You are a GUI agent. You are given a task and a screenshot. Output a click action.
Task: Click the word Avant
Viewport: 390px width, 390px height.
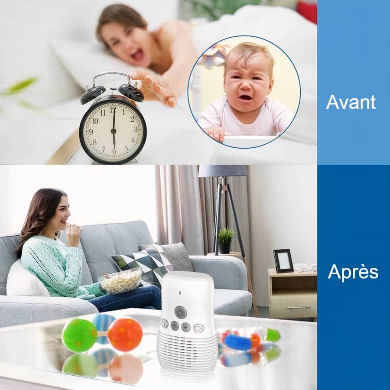pyautogui.click(x=351, y=102)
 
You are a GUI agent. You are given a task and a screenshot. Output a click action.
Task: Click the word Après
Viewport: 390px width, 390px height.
pyautogui.click(x=353, y=272)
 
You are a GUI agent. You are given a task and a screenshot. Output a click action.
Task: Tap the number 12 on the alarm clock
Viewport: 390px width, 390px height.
pyautogui.click(x=113, y=110)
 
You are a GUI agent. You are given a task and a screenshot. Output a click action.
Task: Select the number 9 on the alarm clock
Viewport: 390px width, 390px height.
pyautogui.click(x=90, y=130)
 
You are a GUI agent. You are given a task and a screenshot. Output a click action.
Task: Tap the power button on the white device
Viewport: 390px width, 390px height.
pyautogui.click(x=180, y=312)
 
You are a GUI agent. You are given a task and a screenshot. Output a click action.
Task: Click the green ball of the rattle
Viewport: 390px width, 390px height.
pyautogui.click(x=79, y=335)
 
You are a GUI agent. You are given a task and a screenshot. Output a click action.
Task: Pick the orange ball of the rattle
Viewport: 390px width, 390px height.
pyautogui.click(x=125, y=334)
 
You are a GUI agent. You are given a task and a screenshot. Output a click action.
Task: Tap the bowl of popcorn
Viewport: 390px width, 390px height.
pyautogui.click(x=120, y=281)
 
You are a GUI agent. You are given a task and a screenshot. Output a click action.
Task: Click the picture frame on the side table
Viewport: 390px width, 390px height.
pyautogui.click(x=283, y=260)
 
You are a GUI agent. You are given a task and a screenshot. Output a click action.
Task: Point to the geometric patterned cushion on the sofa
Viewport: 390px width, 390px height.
pyautogui.click(x=143, y=264)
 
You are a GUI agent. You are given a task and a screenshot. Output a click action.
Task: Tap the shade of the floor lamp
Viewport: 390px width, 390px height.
pyautogui.click(x=222, y=171)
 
